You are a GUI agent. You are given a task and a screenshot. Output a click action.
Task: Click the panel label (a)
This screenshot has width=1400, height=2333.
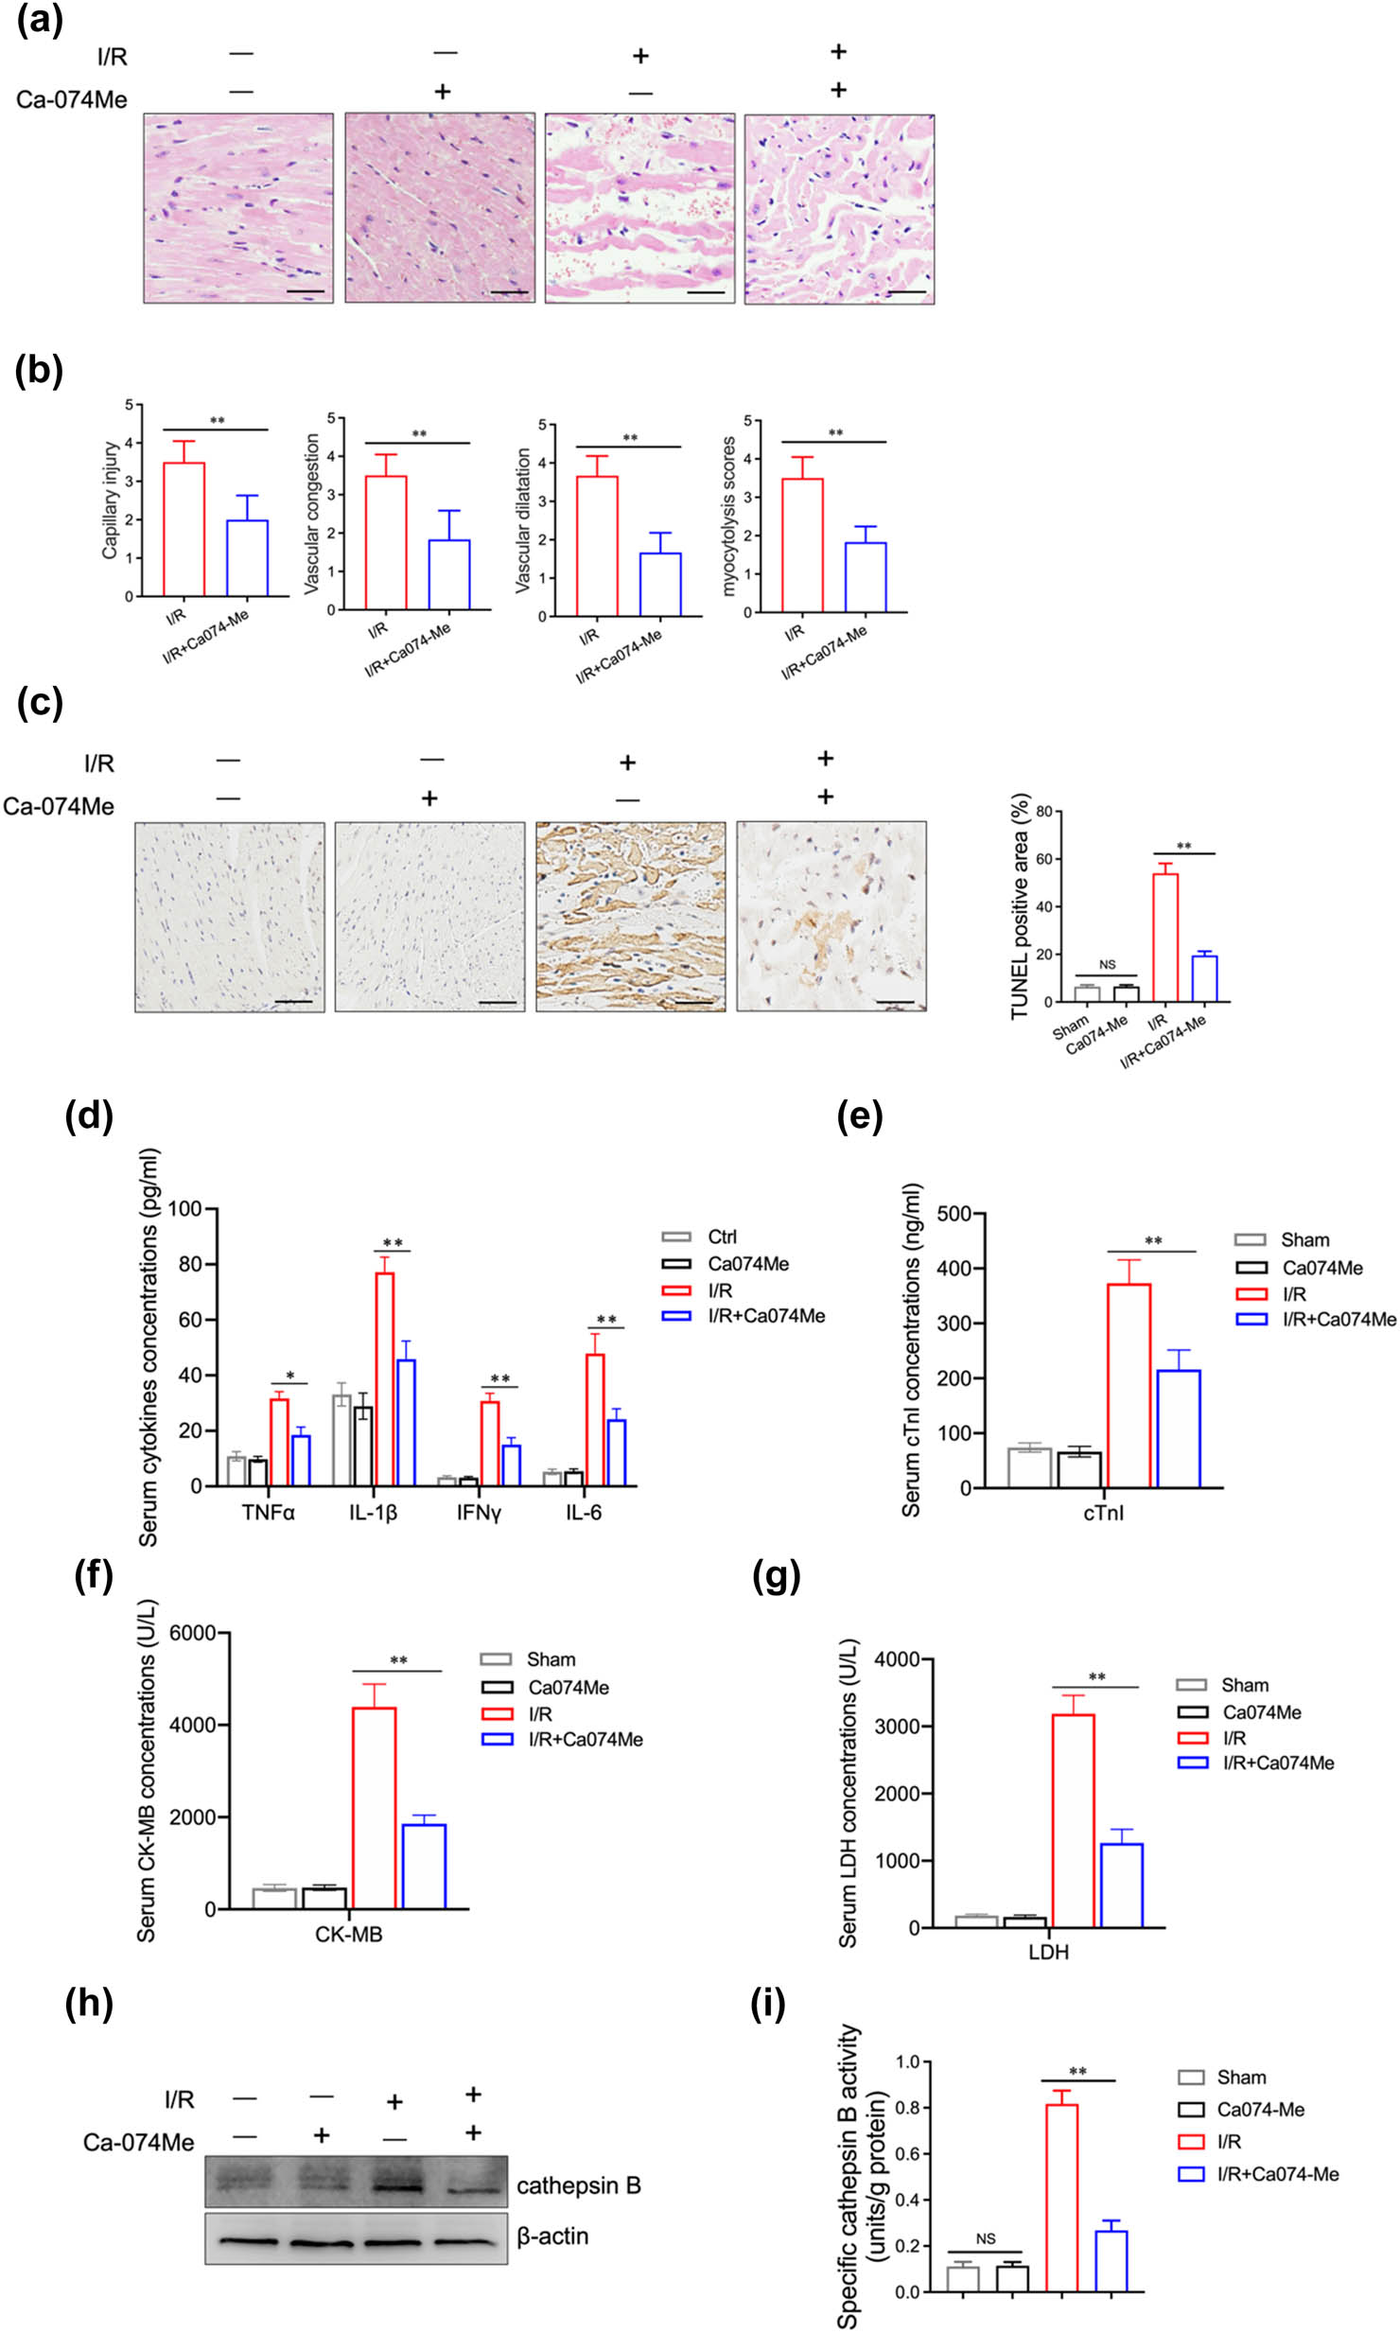[40, 21]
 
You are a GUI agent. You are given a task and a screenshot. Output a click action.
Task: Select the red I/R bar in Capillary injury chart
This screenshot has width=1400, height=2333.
[184, 530]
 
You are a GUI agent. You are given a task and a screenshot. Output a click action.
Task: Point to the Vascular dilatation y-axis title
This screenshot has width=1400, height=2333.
[522, 520]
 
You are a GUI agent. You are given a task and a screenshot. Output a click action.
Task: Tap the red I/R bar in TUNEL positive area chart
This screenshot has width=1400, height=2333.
[1165, 937]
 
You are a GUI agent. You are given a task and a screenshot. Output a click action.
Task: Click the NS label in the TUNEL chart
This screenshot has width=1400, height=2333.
[1107, 965]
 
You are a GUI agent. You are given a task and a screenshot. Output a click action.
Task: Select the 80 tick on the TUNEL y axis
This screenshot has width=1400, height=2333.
[1043, 812]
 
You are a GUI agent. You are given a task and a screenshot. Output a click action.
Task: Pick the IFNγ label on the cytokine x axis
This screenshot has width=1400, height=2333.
[479, 1513]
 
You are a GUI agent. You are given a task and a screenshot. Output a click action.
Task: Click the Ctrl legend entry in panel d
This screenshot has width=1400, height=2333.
[721, 1237]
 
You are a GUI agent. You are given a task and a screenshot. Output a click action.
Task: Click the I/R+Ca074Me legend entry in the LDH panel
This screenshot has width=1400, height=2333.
[1277, 1763]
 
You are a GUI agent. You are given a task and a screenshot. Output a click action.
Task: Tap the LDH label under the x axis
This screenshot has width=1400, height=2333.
[1048, 1952]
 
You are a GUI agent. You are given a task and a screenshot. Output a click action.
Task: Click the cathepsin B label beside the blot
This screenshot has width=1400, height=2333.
[578, 2185]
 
